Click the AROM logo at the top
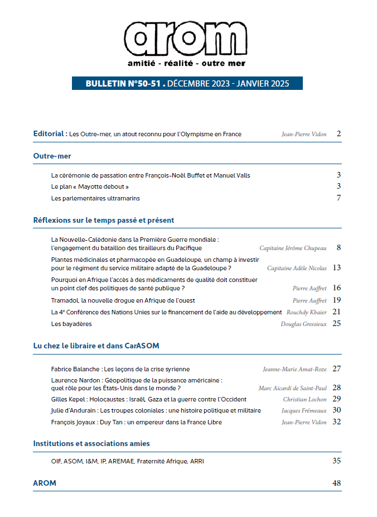[186, 37]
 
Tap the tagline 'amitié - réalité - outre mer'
[186, 63]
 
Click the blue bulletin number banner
[187, 84]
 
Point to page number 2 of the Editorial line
[339, 134]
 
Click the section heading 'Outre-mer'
[52, 156]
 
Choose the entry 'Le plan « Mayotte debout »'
[90, 186]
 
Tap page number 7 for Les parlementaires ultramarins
[339, 198]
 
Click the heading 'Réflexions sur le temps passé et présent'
[104, 220]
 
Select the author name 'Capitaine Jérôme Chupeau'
[293, 247]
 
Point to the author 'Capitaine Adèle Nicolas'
[297, 268]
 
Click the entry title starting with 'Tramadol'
[112, 300]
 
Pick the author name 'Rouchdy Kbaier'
[306, 312]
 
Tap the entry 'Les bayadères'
[71, 323]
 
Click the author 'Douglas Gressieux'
[303, 324]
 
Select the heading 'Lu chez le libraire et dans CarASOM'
[96, 346]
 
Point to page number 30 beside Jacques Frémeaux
[336, 410]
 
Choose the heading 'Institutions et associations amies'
[91, 443]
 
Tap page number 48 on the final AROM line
[336, 483]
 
